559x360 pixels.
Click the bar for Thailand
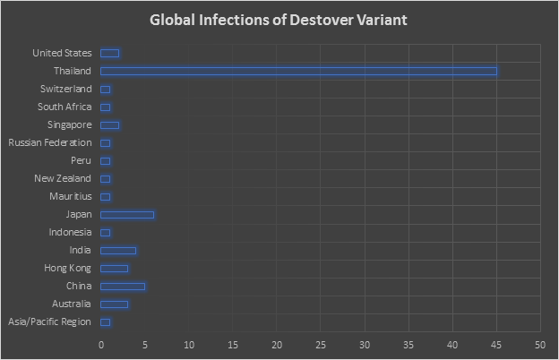tap(298, 71)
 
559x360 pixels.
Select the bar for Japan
tap(127, 214)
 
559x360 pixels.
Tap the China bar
tap(123, 286)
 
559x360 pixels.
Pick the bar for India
tap(118, 250)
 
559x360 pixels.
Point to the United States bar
tap(109, 53)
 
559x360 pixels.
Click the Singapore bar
tap(109, 124)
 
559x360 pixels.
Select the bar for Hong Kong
tap(114, 268)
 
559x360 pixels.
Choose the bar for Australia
tap(114, 304)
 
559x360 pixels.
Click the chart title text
tap(279, 19)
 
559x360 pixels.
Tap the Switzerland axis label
tap(65, 89)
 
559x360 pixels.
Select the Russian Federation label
tap(49, 142)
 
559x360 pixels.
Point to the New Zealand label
tap(62, 178)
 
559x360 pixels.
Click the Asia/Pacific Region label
tap(49, 321)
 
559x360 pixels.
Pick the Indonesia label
tap(69, 232)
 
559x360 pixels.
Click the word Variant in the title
tap(381, 19)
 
